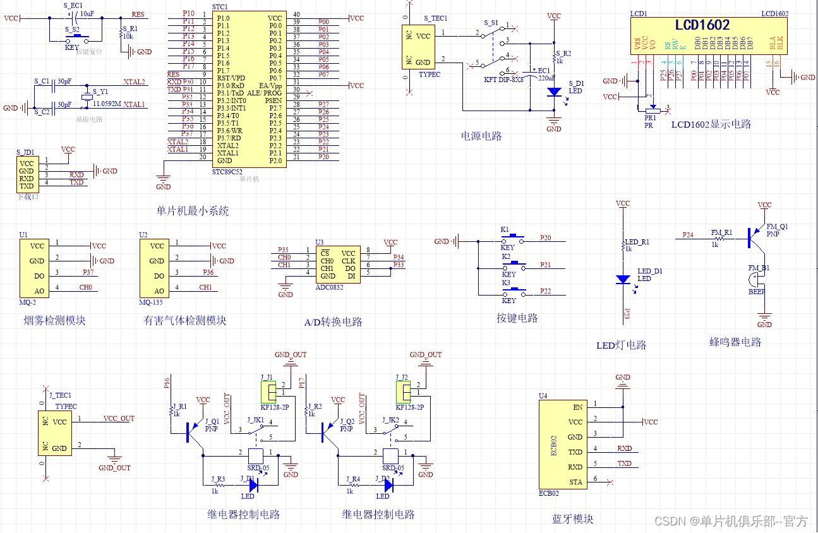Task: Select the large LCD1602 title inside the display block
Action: pyautogui.click(x=702, y=25)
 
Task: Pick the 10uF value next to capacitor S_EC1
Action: pyautogui.click(x=87, y=13)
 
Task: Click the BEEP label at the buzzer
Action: pyautogui.click(x=757, y=292)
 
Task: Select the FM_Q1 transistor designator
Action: pyautogui.click(x=777, y=226)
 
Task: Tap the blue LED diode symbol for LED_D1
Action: pyautogui.click(x=623, y=279)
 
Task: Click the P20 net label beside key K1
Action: pyautogui.click(x=545, y=238)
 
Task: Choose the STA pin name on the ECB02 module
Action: pyautogui.click(x=575, y=482)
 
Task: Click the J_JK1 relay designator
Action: pyautogui.click(x=256, y=420)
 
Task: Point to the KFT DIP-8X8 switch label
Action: pyautogui.click(x=503, y=80)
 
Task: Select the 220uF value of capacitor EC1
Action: pyautogui.click(x=546, y=78)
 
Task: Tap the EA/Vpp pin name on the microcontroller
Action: pyautogui.click(x=269, y=85)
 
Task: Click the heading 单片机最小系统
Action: pyautogui.click(x=193, y=212)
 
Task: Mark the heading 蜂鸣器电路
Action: pyautogui.click(x=735, y=342)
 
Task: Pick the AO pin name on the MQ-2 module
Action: pyautogui.click(x=40, y=291)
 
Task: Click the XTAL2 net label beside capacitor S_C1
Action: pyautogui.click(x=134, y=82)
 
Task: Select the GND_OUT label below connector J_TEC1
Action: pyautogui.click(x=114, y=468)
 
